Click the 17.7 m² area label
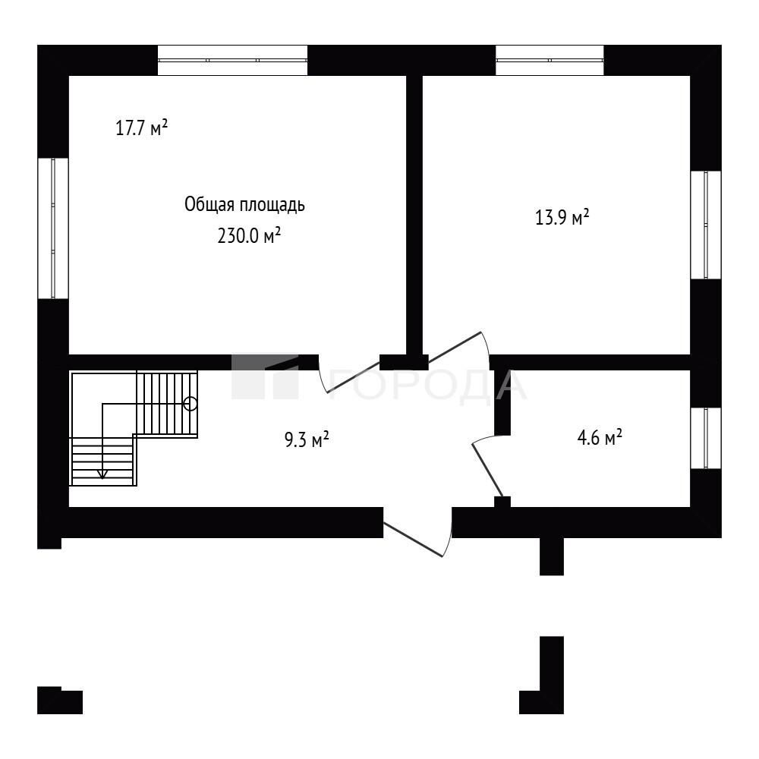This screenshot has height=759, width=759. (x=142, y=128)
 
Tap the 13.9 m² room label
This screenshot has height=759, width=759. (x=562, y=217)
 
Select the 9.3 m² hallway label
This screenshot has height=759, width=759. (x=307, y=439)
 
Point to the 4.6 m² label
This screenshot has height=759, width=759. (x=600, y=438)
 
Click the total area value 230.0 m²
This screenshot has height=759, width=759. (x=249, y=236)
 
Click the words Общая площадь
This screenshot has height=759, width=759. (x=244, y=205)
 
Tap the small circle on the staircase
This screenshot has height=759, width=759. (x=191, y=403)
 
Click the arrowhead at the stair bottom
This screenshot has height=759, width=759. (x=102, y=474)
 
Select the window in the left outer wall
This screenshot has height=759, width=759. (x=53, y=228)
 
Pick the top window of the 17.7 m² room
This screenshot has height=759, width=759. (x=232, y=61)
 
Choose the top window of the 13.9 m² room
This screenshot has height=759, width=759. (x=550, y=61)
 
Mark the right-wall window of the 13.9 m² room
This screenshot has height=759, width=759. (x=706, y=225)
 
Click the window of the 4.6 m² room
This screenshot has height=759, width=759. (x=706, y=438)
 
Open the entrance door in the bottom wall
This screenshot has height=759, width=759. (x=413, y=540)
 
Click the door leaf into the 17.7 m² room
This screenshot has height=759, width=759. (x=354, y=377)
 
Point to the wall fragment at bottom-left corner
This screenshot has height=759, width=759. (x=59, y=701)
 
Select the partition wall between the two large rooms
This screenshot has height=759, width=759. (x=414, y=216)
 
